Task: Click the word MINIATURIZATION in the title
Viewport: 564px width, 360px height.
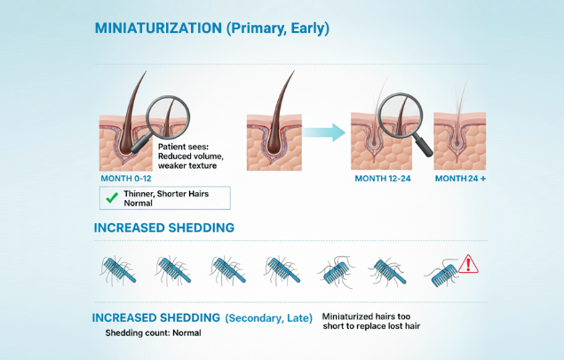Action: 158,28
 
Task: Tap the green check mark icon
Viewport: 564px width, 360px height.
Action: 113,197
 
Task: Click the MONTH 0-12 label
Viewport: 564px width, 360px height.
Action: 126,178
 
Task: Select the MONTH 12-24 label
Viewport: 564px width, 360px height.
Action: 384,179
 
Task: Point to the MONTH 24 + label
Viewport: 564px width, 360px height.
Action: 459,179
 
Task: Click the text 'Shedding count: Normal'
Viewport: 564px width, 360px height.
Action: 153,333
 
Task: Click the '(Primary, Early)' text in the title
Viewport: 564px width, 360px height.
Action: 278,28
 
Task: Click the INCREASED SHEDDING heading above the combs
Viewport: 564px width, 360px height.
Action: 164,228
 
